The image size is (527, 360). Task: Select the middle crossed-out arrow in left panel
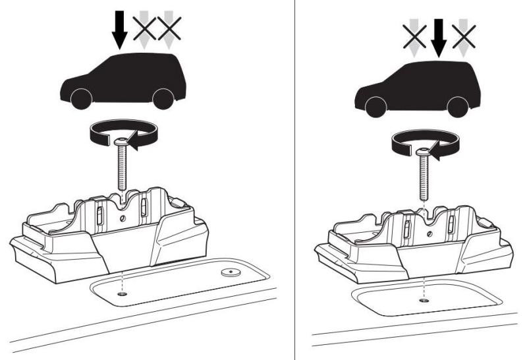(146, 28)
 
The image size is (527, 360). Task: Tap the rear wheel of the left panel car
(161, 100)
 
